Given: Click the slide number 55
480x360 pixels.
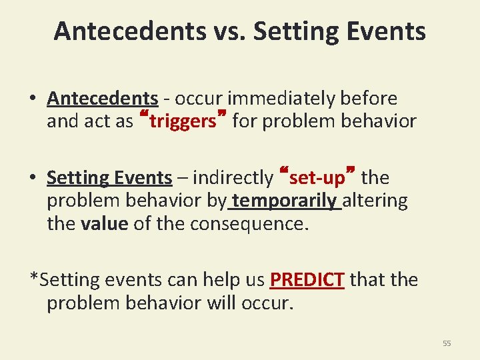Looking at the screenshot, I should pyautogui.click(x=447, y=343).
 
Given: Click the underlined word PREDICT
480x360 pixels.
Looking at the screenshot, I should pyautogui.click(x=307, y=279).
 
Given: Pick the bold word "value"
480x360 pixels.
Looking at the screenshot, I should pyautogui.click(x=104, y=224).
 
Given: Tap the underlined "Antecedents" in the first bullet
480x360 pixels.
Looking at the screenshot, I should pyautogui.click(x=103, y=99).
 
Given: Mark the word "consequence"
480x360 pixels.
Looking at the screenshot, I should pyautogui.click(x=249, y=224).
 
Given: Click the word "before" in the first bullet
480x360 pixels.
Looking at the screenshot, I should pyautogui.click(x=369, y=99).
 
